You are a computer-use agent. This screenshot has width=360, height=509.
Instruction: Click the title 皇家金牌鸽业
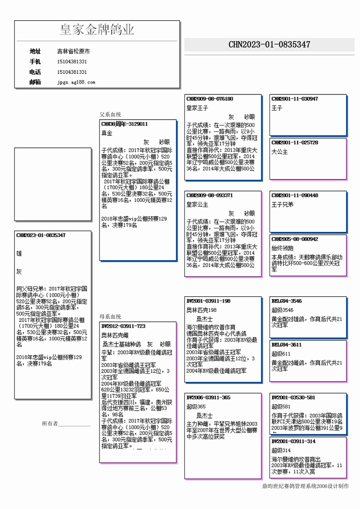pos(97,30)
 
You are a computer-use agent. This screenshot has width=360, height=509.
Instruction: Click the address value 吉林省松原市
pos(73,51)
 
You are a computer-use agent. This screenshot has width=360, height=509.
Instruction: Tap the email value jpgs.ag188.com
pos(76,82)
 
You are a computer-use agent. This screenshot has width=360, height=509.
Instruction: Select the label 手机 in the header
pos(35,62)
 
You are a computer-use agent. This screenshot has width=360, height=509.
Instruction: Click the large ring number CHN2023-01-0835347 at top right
pos(269,45)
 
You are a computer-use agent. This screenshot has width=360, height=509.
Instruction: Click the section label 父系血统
pos(110,115)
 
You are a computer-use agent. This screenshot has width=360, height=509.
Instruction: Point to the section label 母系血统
pos(110,317)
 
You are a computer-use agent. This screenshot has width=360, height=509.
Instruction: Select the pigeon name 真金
pos(107,133)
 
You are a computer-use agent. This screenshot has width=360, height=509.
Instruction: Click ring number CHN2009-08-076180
pos(210,99)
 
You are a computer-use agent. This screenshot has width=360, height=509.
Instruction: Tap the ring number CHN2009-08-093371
pos(210,196)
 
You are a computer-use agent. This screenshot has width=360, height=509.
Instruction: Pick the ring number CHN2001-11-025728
pos(295,143)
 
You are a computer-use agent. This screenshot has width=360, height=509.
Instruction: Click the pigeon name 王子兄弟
pos(282,205)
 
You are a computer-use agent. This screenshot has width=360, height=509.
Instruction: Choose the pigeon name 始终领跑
pos(282,248)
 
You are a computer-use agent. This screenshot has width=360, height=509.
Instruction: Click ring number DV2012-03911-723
pos(123,326)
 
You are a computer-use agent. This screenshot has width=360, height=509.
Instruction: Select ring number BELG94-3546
pos(287,301)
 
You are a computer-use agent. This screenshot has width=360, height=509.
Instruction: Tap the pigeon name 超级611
pos(280,354)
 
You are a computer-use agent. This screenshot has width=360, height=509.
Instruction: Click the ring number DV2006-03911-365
pos(208,397)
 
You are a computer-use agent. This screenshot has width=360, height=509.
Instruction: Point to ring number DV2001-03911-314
pos(293,442)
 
